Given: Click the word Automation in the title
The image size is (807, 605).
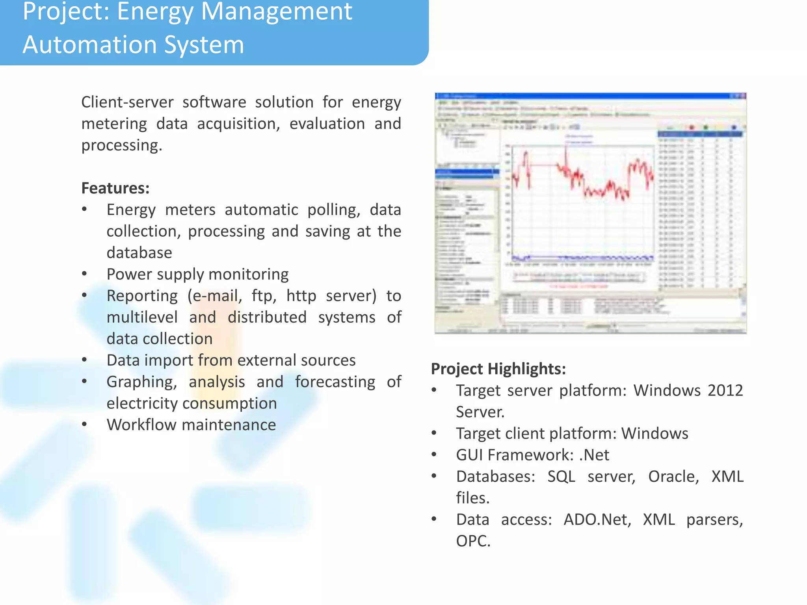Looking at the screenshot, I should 90,45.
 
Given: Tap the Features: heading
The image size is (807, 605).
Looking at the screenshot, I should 115,188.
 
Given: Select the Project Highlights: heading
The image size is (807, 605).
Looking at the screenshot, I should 498,369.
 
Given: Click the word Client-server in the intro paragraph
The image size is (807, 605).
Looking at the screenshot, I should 127,102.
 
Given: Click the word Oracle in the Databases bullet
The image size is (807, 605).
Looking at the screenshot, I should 673,477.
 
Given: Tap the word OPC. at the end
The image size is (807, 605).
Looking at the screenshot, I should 473,541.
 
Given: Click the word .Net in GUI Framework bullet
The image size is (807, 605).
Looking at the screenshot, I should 594,455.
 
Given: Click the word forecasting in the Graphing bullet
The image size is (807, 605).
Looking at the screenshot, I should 335,382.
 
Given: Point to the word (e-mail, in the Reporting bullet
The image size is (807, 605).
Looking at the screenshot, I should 214,296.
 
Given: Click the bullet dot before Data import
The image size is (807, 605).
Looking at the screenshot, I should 84,360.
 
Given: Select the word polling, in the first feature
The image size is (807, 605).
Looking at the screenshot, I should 333,210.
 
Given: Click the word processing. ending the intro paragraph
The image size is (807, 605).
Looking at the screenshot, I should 122,145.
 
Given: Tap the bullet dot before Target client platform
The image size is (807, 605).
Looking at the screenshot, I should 434,433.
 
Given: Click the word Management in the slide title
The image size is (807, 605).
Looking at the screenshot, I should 276,11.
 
